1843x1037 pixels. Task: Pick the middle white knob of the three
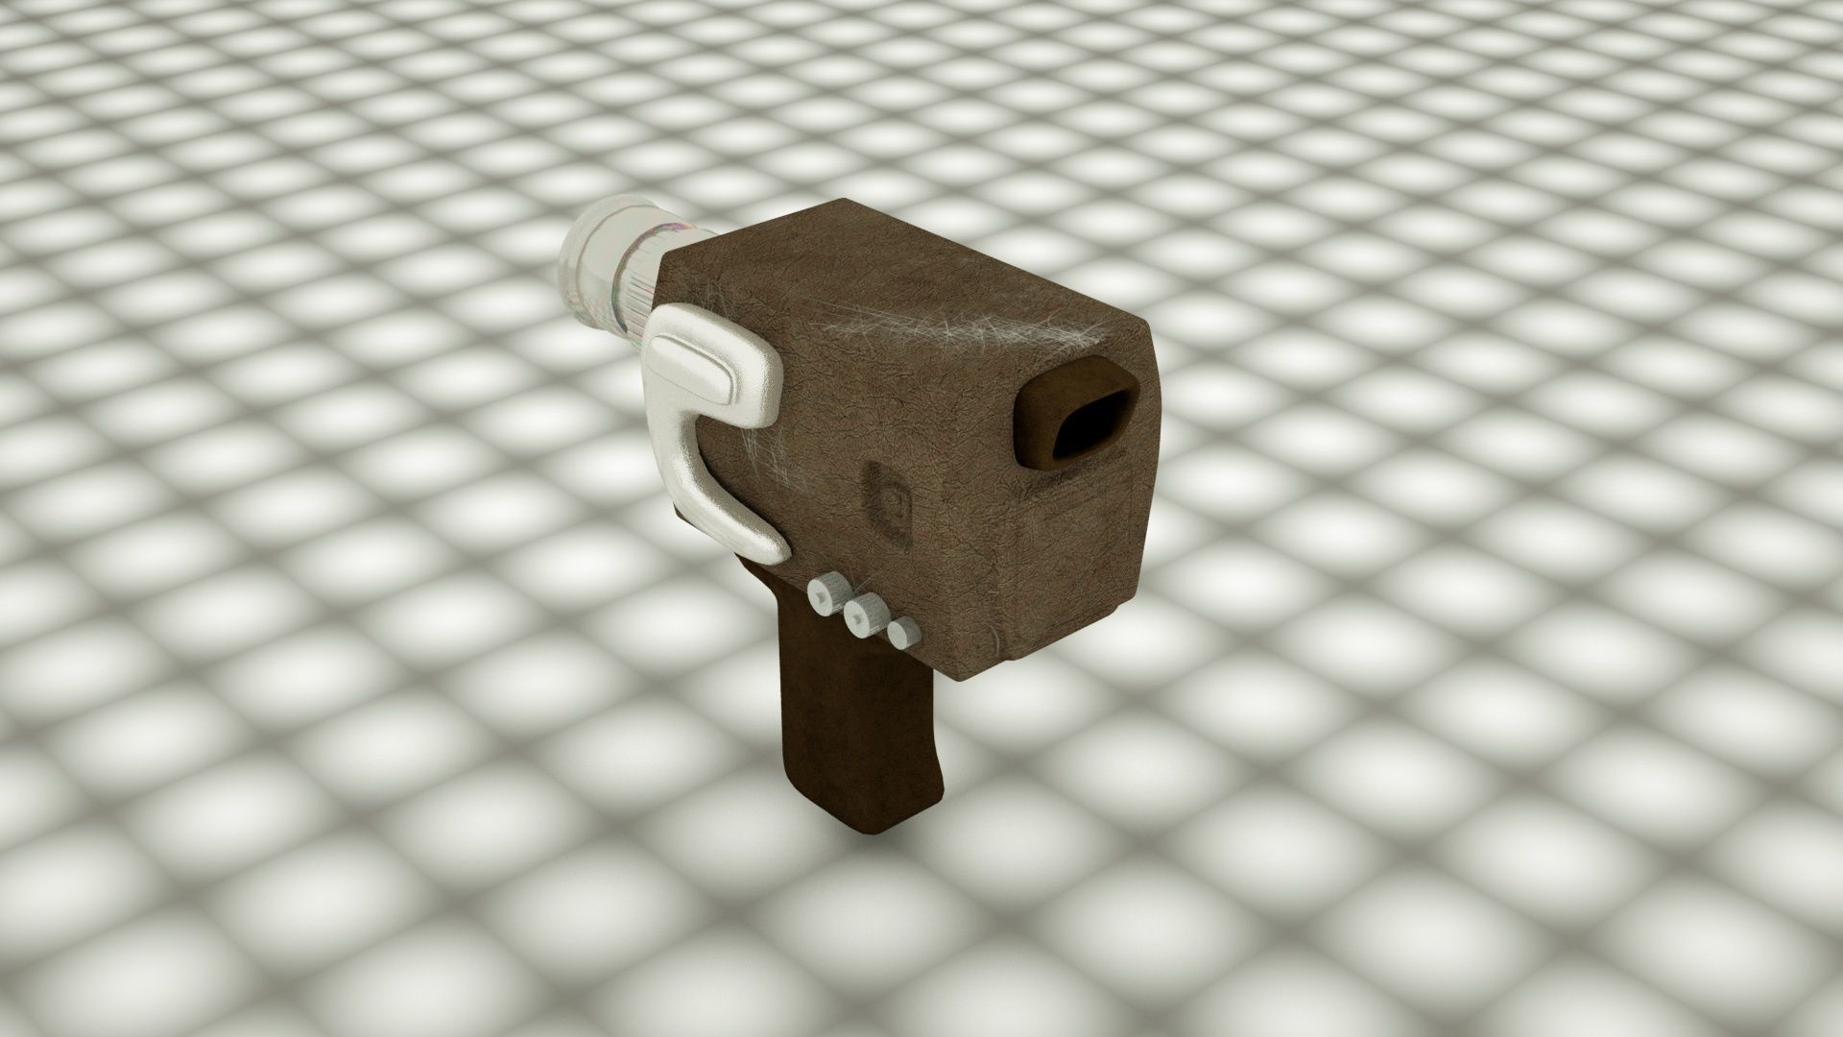[x=866, y=614]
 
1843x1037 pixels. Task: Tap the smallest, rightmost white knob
[x=901, y=634]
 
